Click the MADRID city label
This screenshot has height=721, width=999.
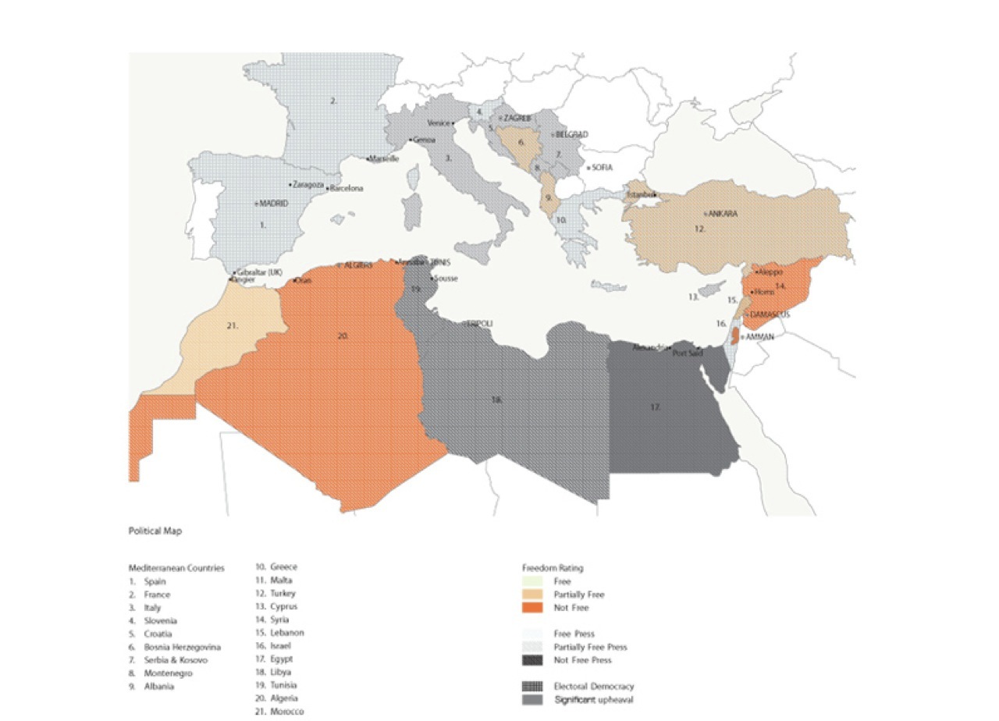click(274, 204)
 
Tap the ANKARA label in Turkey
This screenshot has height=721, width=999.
click(723, 213)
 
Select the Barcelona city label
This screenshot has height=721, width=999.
click(347, 189)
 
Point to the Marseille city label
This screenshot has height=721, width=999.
click(385, 158)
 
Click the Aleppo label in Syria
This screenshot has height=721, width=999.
click(770, 272)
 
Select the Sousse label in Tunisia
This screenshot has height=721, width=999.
click(446, 279)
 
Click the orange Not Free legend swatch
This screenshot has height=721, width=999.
click(531, 608)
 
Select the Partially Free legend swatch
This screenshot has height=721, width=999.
click(531, 595)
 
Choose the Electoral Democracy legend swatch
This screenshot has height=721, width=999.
click(531, 687)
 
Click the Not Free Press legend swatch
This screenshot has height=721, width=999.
click(531, 660)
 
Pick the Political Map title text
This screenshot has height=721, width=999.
click(155, 531)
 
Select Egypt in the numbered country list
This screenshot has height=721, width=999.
click(282, 659)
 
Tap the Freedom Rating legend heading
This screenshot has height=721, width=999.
click(553, 568)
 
